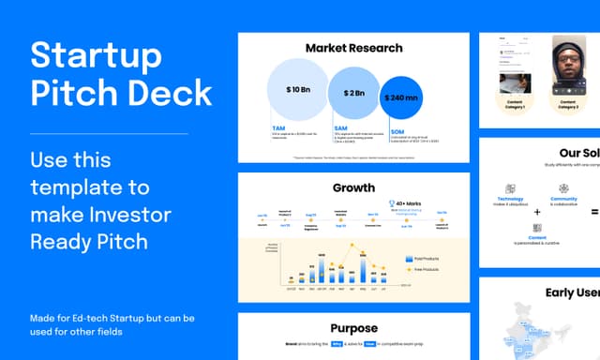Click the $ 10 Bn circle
(x=298, y=90)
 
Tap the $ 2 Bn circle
(x=353, y=93)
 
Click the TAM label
(x=278, y=127)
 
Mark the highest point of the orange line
(x=352, y=247)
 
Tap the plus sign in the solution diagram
(x=537, y=213)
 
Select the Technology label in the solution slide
(x=510, y=200)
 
